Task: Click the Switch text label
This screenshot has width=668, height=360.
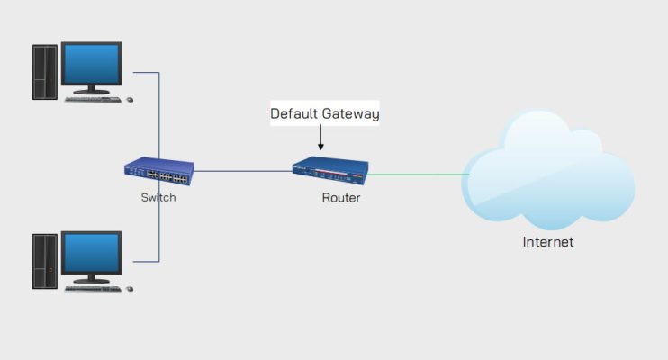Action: click(158, 197)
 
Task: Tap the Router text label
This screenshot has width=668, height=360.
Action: click(341, 197)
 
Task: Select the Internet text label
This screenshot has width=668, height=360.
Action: click(548, 242)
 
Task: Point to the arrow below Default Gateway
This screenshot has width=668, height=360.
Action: click(320, 139)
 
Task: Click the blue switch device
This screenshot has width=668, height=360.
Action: click(159, 170)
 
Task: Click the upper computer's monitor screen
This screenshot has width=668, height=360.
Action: click(91, 65)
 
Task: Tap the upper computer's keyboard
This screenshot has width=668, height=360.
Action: click(93, 99)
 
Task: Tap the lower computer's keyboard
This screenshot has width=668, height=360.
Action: click(93, 288)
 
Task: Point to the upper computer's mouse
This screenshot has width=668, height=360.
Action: click(130, 99)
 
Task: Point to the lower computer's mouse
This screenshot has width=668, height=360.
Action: click(130, 288)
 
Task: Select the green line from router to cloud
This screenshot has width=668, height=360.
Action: click(420, 175)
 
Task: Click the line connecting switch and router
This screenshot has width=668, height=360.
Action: click(243, 171)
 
